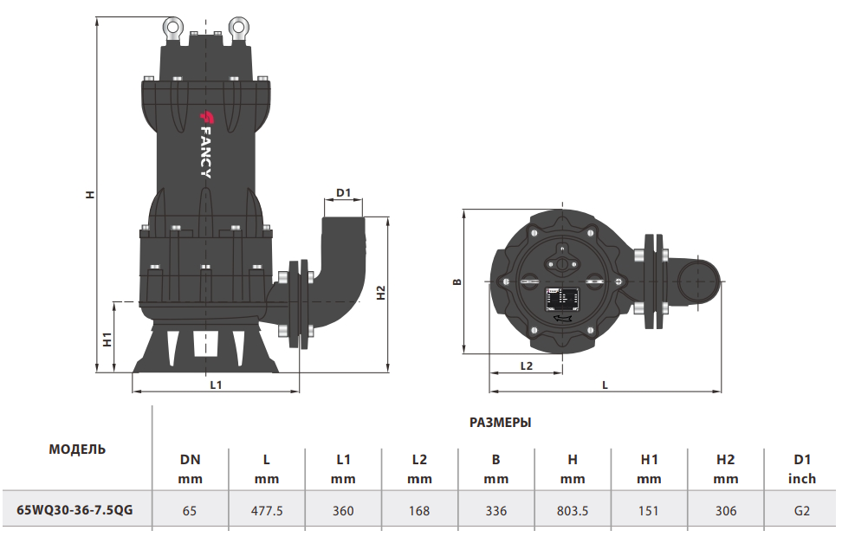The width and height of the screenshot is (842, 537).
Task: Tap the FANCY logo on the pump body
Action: click(x=205, y=143)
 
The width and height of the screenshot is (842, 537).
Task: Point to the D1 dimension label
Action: click(x=343, y=192)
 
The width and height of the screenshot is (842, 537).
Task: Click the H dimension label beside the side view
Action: click(x=89, y=195)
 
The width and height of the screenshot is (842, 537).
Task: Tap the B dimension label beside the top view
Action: click(x=457, y=281)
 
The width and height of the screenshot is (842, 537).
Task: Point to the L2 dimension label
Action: click(x=526, y=366)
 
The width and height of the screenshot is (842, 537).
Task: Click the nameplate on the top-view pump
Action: click(x=560, y=300)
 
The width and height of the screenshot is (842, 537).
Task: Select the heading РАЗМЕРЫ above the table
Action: click(x=500, y=423)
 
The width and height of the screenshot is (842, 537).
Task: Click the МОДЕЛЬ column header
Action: click(x=77, y=449)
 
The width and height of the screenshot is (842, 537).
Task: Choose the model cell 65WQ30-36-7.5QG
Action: click(x=75, y=510)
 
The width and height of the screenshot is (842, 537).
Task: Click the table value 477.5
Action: click(x=267, y=510)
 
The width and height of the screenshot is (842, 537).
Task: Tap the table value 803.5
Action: click(x=573, y=510)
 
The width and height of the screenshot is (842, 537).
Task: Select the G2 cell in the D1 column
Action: click(x=802, y=510)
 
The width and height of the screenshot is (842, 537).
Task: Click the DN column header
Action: click(x=190, y=460)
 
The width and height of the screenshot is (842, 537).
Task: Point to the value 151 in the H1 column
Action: click(x=649, y=510)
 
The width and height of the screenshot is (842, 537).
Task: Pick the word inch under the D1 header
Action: click(x=802, y=478)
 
